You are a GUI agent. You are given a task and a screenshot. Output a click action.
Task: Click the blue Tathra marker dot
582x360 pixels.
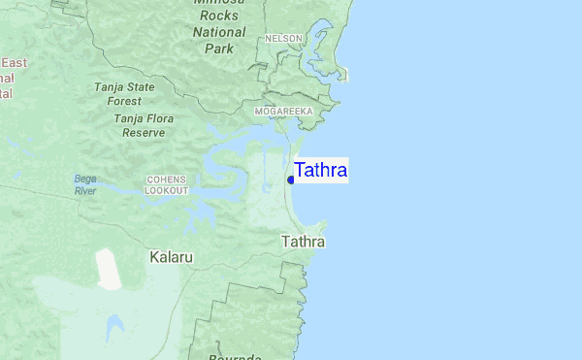pyautogui.click(x=291, y=180)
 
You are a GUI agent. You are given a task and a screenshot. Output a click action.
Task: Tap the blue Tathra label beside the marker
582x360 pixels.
pyautogui.click(x=321, y=171)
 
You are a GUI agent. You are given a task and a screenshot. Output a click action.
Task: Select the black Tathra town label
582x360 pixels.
pyautogui.click(x=303, y=242)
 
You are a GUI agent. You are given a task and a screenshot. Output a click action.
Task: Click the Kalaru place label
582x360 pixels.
pyautogui.click(x=172, y=258)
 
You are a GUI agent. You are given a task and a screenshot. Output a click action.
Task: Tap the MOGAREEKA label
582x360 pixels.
pyautogui.click(x=283, y=112)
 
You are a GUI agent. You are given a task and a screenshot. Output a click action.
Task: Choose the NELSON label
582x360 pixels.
pyautogui.click(x=285, y=39)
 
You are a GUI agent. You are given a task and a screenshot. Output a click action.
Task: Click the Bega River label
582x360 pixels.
pyautogui.click(x=85, y=184)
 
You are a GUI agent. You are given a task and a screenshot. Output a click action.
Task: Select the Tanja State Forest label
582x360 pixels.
pyautogui.click(x=124, y=93)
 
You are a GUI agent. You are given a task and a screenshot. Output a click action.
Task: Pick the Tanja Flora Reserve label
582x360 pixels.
pyautogui.click(x=144, y=125)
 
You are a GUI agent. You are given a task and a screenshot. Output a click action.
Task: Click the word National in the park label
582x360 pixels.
pyautogui.click(x=219, y=31)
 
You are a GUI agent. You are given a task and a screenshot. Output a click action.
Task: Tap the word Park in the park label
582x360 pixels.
pyautogui.click(x=219, y=47)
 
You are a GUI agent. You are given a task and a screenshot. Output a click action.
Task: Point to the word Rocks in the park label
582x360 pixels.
pyautogui.click(x=219, y=16)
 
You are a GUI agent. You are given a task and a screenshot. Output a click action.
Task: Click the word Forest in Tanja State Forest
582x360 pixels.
pyautogui.click(x=124, y=100)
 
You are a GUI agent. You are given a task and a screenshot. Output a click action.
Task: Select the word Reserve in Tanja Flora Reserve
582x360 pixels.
pyautogui.click(x=144, y=132)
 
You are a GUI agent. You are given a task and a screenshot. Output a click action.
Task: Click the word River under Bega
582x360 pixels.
pyautogui.click(x=85, y=191)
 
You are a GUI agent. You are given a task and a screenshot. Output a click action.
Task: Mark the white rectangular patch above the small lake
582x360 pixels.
pyautogui.click(x=109, y=269)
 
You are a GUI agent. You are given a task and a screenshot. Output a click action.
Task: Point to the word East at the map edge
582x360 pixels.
pyautogui.click(x=14, y=62)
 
